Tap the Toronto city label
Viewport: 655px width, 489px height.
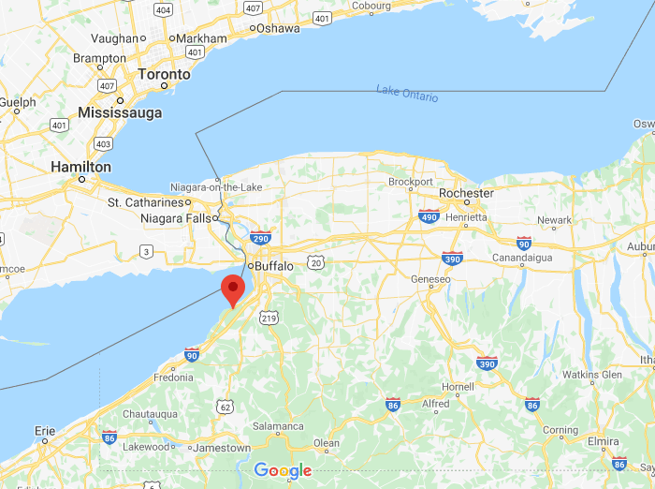coord(164,74)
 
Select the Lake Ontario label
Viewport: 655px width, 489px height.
coord(407,93)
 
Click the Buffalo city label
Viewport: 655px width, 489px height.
coord(273,266)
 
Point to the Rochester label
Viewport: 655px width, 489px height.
coord(466,193)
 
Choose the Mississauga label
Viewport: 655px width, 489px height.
coord(120,112)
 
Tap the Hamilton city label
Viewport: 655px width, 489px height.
coord(81,168)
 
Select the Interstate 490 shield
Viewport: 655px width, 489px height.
coord(429,216)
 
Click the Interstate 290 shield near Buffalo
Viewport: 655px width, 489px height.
coord(261,238)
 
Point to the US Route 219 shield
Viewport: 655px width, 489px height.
coord(269,319)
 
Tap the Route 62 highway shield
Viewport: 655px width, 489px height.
coord(225,407)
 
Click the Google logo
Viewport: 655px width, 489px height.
coord(283,470)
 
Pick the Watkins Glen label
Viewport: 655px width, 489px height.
coord(592,375)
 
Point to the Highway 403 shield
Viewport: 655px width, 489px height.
coord(103,143)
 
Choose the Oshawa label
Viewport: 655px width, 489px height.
coord(279,28)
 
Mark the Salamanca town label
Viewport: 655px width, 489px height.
coord(278,426)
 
